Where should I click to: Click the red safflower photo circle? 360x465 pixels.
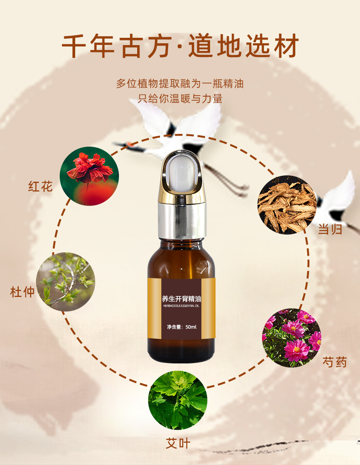(x=89, y=176)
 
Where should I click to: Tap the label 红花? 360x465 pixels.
(x=41, y=187)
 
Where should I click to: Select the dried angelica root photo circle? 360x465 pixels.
(x=287, y=204)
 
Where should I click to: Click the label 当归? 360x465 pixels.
(x=330, y=229)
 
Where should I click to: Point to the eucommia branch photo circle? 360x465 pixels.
(x=66, y=282)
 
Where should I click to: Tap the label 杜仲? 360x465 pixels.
(x=22, y=292)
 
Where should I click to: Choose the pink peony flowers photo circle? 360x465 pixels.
(x=292, y=338)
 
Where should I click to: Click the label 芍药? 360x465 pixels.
(x=335, y=362)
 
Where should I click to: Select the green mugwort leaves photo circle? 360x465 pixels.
(x=178, y=400)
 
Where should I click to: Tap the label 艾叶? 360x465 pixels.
(x=178, y=443)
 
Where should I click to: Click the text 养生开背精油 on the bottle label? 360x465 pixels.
(x=181, y=298)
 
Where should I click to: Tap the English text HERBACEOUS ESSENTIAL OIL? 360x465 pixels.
(x=181, y=306)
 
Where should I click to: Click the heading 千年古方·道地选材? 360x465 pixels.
(x=180, y=46)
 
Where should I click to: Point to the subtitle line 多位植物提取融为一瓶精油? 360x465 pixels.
(x=180, y=84)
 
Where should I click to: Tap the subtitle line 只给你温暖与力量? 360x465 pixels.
(x=180, y=98)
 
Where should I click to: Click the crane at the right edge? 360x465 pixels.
(x=338, y=202)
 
